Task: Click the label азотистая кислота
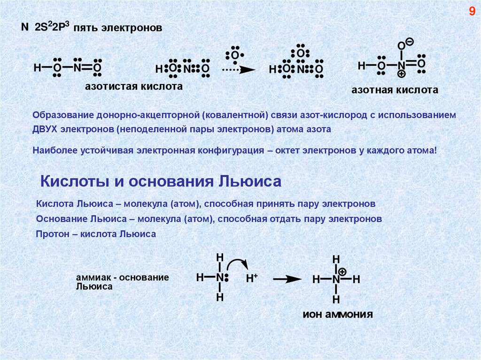pos(133,87)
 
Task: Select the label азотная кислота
pos(395,90)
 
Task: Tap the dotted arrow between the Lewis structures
pos(238,70)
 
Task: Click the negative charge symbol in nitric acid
pos(410,42)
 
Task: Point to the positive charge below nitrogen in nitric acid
pos(402,74)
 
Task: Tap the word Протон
pos(51,233)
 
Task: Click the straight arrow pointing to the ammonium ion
pos(287,279)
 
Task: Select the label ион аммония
pos(337,314)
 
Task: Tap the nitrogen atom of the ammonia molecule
pos(219,277)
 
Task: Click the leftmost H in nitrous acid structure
pos(37,68)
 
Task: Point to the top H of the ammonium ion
pos(336,260)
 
